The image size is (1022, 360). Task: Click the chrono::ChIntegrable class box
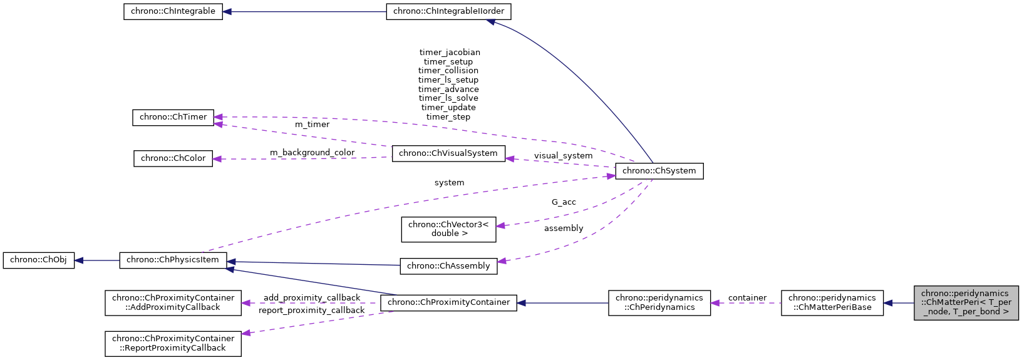173,11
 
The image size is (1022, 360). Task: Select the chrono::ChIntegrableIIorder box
448,11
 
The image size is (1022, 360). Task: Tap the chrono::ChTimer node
173,117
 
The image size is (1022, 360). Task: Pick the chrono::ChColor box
173,158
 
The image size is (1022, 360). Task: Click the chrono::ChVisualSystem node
448,153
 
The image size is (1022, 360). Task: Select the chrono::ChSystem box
659,171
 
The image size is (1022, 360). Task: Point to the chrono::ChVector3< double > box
448,229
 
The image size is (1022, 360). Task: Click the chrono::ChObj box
38,260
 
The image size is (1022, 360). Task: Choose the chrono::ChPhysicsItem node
173,260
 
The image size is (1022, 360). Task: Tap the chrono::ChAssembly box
448,266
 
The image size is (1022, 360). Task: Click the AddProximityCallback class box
173,302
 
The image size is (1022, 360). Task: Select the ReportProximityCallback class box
173,343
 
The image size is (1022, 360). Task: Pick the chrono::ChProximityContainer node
448,302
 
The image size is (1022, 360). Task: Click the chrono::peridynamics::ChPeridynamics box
659,302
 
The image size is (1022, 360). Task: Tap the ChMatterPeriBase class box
832,302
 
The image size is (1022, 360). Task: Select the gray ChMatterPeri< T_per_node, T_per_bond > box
965,302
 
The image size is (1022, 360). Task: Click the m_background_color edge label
312,152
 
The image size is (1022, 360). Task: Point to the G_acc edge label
564,202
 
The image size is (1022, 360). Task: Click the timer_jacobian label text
450,53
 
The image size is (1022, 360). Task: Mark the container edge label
747,297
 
